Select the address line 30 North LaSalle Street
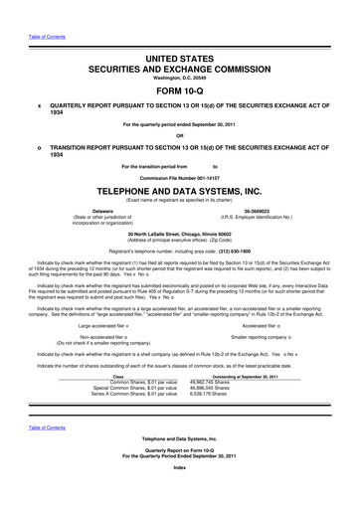click(x=180, y=232)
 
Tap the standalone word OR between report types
click(x=180, y=136)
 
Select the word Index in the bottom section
click(x=180, y=495)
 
